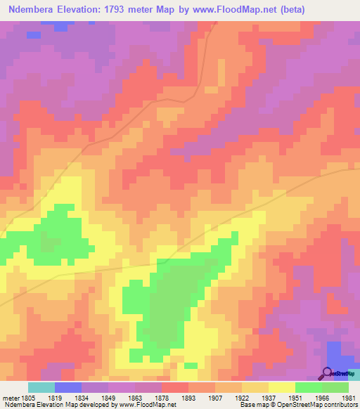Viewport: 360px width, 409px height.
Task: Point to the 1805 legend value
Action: (x=25, y=397)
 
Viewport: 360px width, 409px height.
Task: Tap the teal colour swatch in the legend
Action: (x=41, y=387)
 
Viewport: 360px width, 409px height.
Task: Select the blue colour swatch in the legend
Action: (x=67, y=387)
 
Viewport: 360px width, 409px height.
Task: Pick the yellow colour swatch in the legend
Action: (x=282, y=387)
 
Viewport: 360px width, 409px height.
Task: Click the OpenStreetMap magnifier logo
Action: (x=328, y=373)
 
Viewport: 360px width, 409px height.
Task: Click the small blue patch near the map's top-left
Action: (x=33, y=34)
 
